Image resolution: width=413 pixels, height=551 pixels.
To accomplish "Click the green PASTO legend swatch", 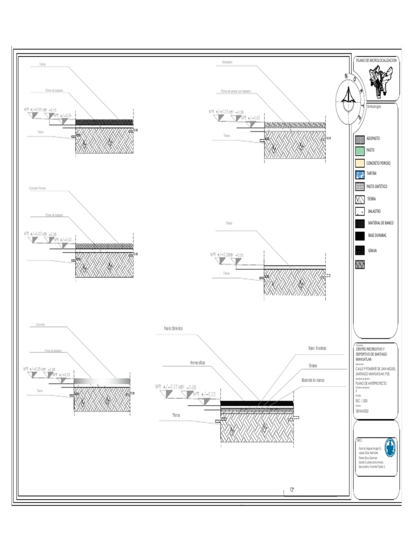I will point(359,150).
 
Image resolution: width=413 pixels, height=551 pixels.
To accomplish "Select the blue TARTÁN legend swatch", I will point(359,174).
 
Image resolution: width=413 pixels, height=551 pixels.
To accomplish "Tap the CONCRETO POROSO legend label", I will point(378,163).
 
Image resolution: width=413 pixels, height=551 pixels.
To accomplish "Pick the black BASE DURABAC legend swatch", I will point(359,236).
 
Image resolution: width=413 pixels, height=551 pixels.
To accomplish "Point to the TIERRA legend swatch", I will point(359,199).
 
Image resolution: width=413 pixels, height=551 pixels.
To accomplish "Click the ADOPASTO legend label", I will point(373,138).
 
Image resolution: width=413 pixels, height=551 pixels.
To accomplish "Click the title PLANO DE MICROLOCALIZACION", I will point(376,61).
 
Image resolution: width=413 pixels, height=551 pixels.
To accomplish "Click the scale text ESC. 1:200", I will point(361,401).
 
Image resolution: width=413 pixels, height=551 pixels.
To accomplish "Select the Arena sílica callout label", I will point(197,364).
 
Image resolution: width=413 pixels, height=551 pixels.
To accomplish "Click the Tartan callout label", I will point(42,64).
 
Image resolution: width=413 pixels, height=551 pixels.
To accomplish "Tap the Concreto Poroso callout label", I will point(37,188).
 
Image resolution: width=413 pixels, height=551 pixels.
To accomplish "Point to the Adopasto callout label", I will point(227,62).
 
